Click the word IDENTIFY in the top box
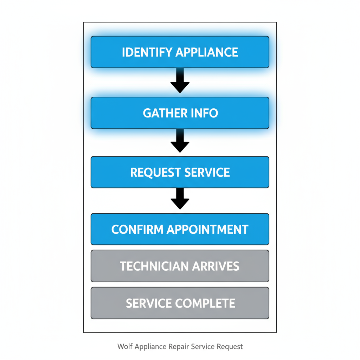[147, 52]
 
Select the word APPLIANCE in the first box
[207, 52]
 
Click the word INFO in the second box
[205, 113]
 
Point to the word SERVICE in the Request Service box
[207, 172]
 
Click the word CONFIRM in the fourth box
[137, 229]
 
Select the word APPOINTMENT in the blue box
[207, 229]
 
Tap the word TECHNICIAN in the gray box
[149, 266]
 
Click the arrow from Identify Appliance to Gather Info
[180, 82]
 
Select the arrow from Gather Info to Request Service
[180, 141]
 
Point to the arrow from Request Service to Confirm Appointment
[180, 199]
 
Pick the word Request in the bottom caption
[230, 347]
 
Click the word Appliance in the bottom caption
[150, 347]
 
